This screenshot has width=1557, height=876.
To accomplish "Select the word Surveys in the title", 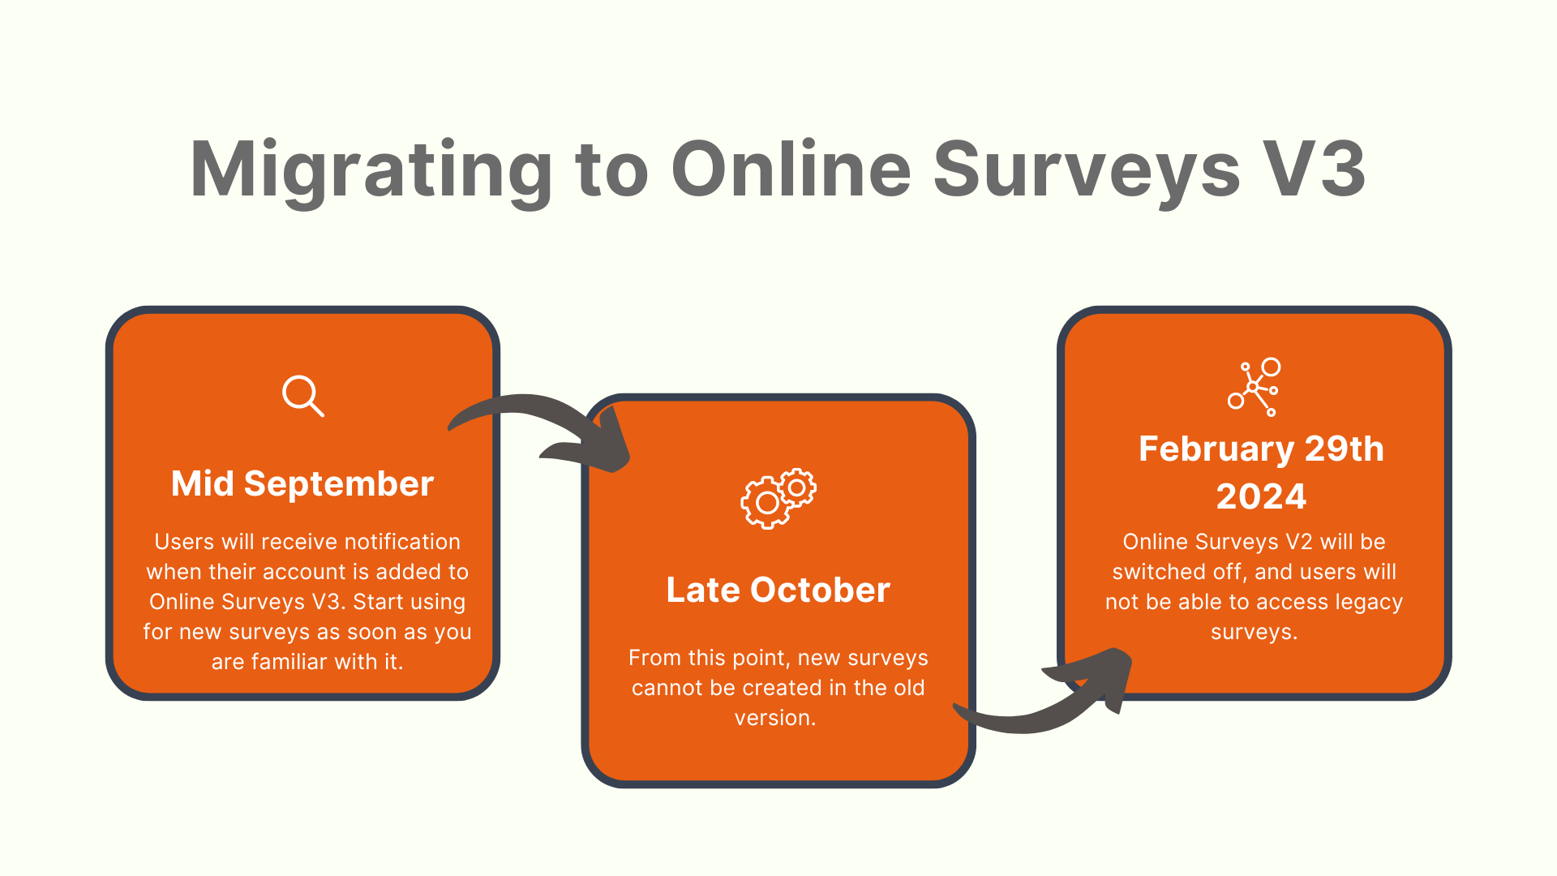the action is (1087, 170).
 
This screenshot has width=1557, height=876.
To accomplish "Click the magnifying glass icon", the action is (303, 396).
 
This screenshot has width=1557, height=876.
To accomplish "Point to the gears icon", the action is (778, 499).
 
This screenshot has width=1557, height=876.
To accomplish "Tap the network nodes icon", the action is (1255, 387).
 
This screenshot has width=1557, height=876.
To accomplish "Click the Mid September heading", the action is (302, 484).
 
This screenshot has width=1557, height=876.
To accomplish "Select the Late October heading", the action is (778, 590).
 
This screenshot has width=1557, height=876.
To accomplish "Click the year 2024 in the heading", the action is (1261, 496).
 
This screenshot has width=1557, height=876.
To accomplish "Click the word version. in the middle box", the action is (775, 718).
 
